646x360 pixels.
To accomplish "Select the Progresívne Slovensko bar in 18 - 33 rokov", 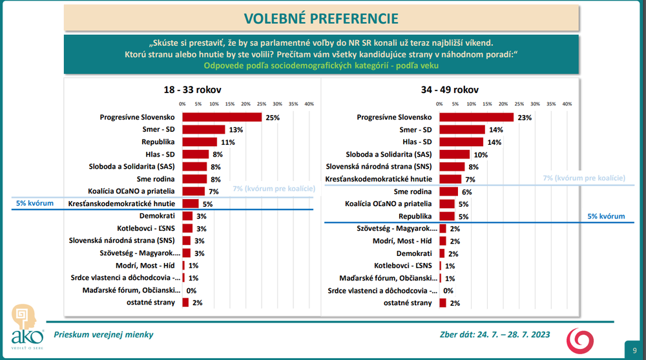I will click(x=222, y=117).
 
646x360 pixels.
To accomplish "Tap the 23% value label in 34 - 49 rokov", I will click(x=524, y=117).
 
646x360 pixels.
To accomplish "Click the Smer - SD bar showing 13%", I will click(x=203, y=129).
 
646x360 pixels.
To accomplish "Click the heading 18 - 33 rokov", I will click(x=193, y=90).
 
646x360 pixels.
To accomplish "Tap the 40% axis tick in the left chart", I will click(x=309, y=103).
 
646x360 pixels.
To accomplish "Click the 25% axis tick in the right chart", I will click(x=519, y=103).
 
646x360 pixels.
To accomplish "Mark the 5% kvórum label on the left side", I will click(x=35, y=204).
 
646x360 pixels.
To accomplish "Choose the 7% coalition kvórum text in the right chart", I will click(x=583, y=178).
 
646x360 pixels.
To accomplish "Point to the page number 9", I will click(x=633, y=347).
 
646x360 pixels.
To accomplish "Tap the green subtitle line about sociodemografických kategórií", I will click(x=320, y=65).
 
